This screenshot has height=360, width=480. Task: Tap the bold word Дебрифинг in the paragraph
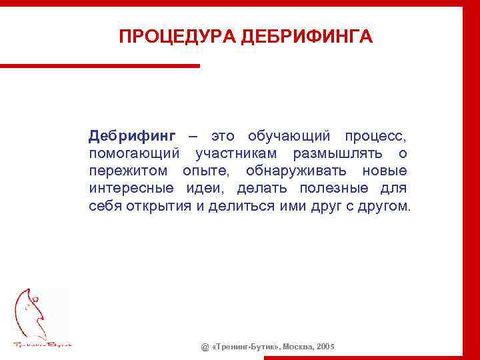(x=132, y=137)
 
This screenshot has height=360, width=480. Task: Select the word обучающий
(x=289, y=137)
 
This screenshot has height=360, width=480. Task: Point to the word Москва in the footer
(x=295, y=347)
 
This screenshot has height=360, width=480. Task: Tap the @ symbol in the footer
(x=205, y=347)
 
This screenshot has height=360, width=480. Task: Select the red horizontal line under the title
(x=100, y=65)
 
